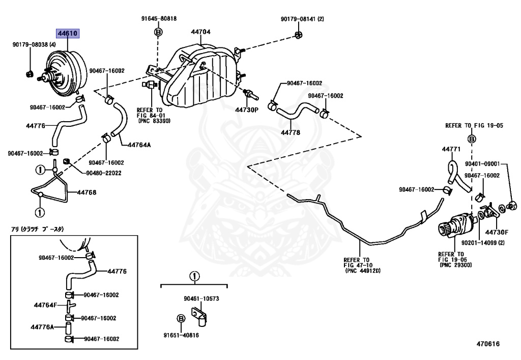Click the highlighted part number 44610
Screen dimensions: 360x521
67,34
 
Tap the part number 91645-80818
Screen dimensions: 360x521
159,19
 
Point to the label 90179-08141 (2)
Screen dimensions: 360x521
302,19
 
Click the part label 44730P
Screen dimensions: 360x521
247,109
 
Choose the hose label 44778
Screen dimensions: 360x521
291,132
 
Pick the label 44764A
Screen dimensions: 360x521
140,144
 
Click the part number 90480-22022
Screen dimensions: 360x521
103,173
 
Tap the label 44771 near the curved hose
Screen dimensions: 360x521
451,150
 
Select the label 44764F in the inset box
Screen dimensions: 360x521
45,305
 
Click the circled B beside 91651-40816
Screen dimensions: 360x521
180,318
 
